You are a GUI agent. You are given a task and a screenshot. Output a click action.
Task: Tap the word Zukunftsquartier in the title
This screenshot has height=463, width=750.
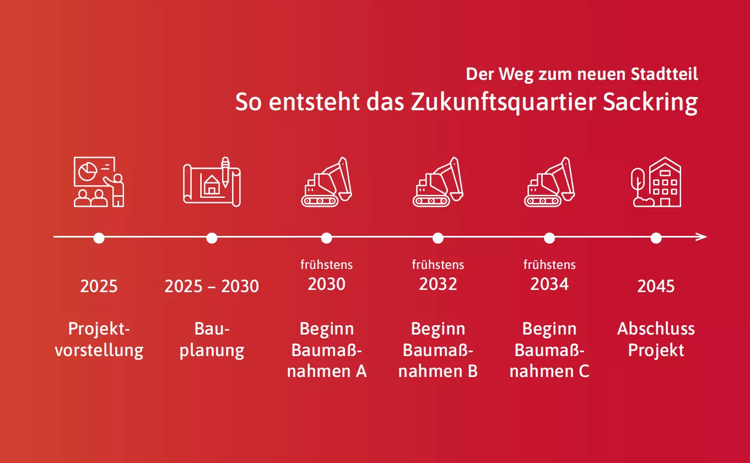pos(504,104)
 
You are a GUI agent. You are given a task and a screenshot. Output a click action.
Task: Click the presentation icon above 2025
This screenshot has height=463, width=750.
pos(99,182)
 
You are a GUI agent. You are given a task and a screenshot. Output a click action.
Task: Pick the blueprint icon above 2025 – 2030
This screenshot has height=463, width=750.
pos(212,182)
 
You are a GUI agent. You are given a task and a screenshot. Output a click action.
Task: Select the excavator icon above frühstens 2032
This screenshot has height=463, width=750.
pos(438,182)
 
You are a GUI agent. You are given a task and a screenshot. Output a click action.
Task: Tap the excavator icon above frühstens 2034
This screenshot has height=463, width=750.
pos(549,182)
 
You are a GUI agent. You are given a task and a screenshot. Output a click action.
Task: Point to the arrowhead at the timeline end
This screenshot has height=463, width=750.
pos(702,238)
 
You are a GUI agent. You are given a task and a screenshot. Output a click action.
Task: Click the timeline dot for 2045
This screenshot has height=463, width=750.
pos(656,238)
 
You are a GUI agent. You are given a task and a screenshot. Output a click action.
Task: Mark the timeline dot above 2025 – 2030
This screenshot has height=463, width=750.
pos(212,238)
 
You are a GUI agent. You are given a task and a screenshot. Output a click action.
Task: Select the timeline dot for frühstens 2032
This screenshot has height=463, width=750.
pos(438,238)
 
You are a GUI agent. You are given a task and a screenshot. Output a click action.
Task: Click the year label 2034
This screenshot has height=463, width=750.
pos(549,284)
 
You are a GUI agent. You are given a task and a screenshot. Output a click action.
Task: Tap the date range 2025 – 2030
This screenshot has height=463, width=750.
pos(212,287)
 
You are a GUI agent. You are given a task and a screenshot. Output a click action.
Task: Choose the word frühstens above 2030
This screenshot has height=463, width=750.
pos(327,265)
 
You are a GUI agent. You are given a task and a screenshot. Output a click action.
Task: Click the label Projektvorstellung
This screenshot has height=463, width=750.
pos(99,340)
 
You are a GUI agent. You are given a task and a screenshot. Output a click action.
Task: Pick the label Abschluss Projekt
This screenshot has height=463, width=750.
pos(656,340)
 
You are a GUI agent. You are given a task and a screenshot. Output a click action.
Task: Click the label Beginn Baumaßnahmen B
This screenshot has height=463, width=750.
pos(438,350)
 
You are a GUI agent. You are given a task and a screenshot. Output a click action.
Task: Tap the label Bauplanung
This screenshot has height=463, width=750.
pos(212,340)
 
